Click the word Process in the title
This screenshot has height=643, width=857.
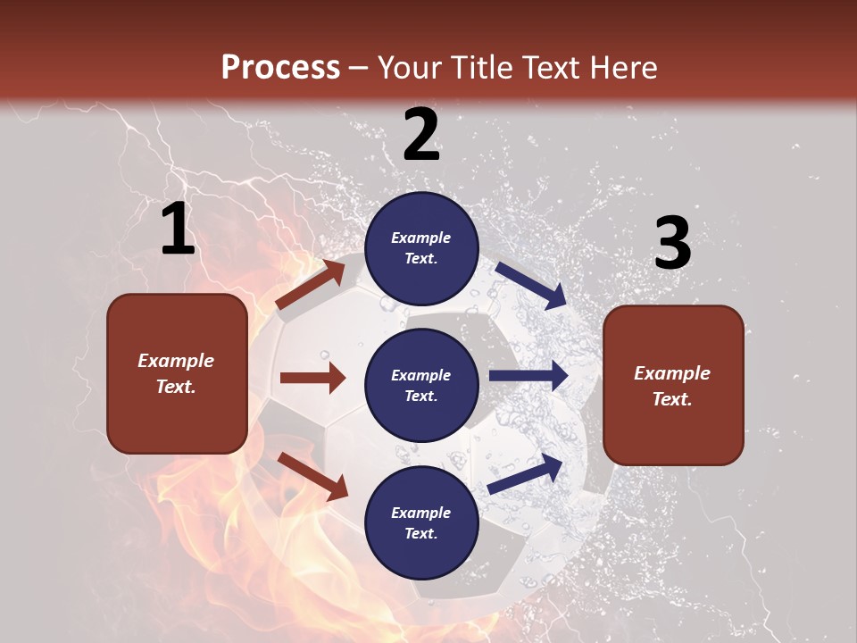pyautogui.click(x=280, y=68)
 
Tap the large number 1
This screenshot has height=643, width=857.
pyautogui.click(x=178, y=230)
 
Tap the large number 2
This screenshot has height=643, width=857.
pyautogui.click(x=421, y=135)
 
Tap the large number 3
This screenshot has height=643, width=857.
pyautogui.click(x=672, y=243)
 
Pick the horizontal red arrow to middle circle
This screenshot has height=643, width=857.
pyautogui.click(x=312, y=378)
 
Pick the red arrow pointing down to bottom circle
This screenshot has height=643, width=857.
pyautogui.click(x=312, y=475)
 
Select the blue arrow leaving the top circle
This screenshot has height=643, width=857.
pyautogui.click(x=530, y=285)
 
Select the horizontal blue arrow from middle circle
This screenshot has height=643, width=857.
pyautogui.click(x=528, y=376)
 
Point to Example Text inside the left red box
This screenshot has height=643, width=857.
pyautogui.click(x=176, y=373)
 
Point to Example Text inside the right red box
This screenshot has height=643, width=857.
pyautogui.click(x=672, y=386)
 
